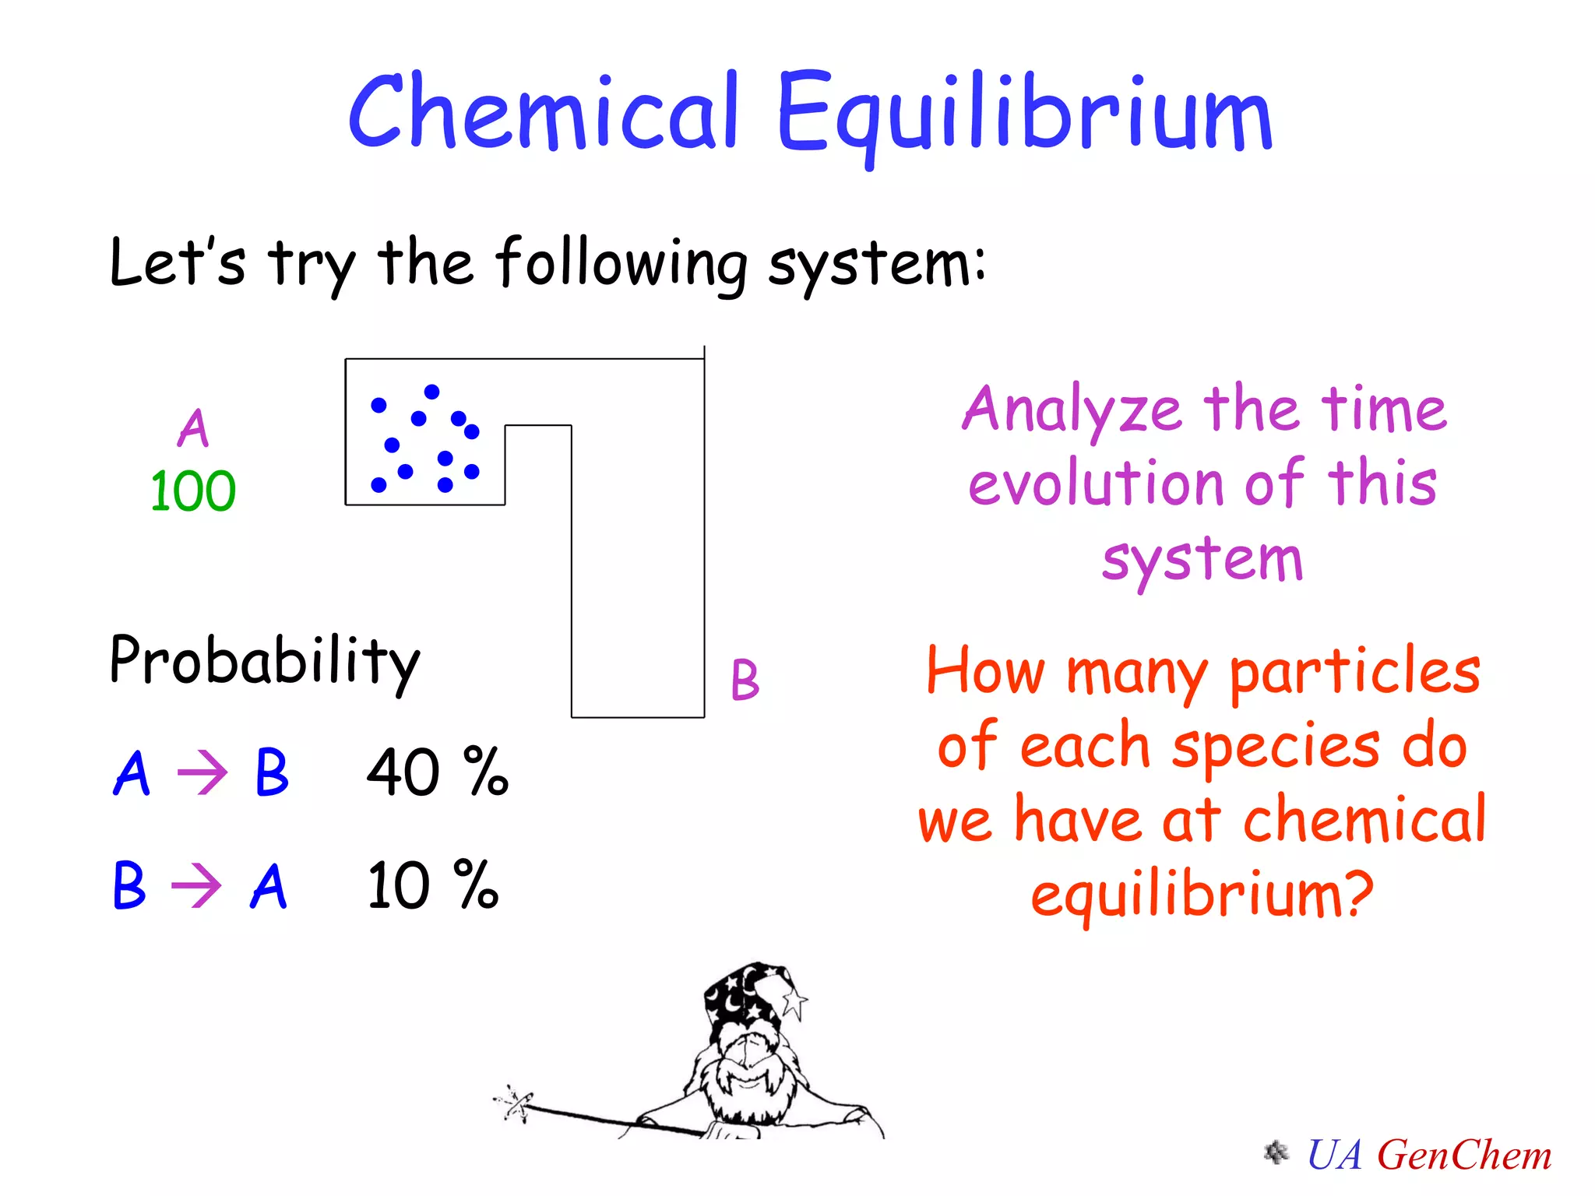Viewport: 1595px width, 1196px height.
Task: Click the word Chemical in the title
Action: pyautogui.click(x=543, y=111)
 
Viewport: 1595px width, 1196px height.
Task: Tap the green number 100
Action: pyautogui.click(x=192, y=491)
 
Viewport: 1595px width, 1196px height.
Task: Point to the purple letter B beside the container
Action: pyautogui.click(x=745, y=680)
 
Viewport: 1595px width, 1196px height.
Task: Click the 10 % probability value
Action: pyautogui.click(x=432, y=885)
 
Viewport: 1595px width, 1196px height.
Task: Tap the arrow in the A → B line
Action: pyautogui.click(x=202, y=773)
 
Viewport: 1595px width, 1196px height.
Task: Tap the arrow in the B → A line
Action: pyautogui.click(x=196, y=886)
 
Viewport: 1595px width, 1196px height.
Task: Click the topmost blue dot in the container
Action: pyautogui.click(x=431, y=392)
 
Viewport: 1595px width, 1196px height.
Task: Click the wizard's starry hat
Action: pyautogui.click(x=748, y=1001)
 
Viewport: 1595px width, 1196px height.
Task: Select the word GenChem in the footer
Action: pyautogui.click(x=1464, y=1155)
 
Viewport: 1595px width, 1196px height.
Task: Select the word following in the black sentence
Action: pyautogui.click(x=621, y=262)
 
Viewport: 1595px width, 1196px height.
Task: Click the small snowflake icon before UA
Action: pyautogui.click(x=1276, y=1152)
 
